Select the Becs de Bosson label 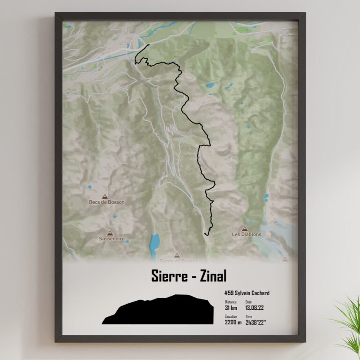107,202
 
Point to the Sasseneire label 111,238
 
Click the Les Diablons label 247,234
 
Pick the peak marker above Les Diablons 244,229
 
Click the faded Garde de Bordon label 179,260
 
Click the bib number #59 229,293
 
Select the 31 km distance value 230,308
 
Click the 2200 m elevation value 233,322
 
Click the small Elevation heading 231,316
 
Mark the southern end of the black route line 205,234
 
